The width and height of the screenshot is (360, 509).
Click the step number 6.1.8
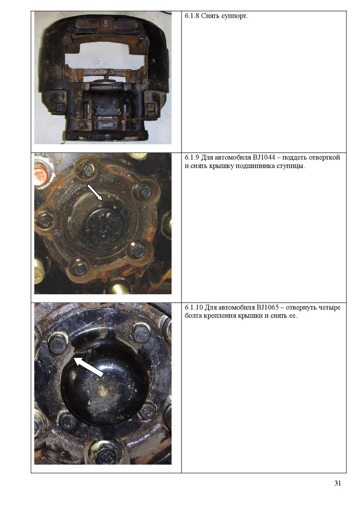(x=192, y=16)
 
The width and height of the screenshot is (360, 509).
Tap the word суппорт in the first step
(x=234, y=16)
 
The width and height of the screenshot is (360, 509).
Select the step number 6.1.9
(x=192, y=158)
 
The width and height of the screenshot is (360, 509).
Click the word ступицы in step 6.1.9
(x=292, y=167)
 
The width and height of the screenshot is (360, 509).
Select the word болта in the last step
(x=193, y=316)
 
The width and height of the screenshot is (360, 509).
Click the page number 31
(x=338, y=483)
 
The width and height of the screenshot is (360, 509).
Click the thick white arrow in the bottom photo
(x=89, y=366)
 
